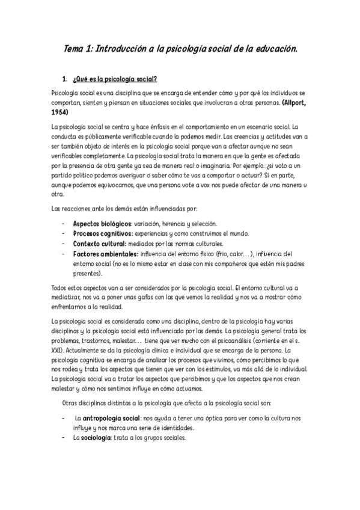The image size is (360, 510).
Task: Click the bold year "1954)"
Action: pos(61,112)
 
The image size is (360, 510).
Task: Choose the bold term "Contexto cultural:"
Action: pos(100,244)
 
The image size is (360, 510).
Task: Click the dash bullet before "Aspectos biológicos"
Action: pos(64,223)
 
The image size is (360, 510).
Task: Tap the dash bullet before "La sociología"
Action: pos(64,438)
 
